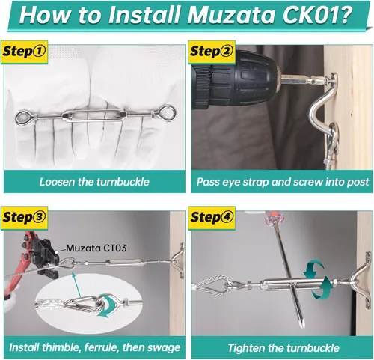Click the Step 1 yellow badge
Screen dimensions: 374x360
point(24,52)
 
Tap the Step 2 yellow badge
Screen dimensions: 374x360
point(212,52)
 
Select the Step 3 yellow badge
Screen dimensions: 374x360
point(24,217)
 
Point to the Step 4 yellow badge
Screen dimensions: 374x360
point(212,217)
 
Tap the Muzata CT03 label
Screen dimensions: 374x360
point(96,248)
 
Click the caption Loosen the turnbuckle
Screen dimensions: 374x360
point(94,182)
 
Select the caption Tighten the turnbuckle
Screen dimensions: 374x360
point(283,348)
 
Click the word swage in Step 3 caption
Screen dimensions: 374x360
point(165,348)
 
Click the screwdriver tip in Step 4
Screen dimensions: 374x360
point(301,325)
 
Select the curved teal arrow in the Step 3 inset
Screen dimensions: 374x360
point(106,306)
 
